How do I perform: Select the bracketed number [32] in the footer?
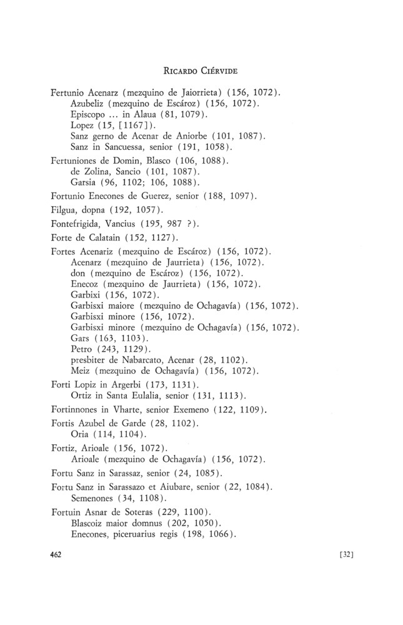pos(345,554)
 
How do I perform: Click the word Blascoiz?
pos(92,522)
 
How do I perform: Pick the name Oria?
pos(80,434)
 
